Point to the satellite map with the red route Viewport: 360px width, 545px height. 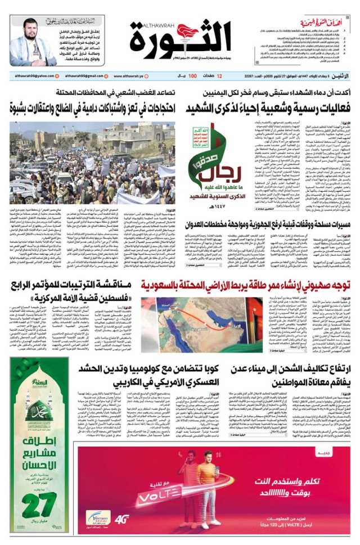click(x=194, y=317)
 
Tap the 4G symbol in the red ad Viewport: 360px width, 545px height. click(x=122, y=519)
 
